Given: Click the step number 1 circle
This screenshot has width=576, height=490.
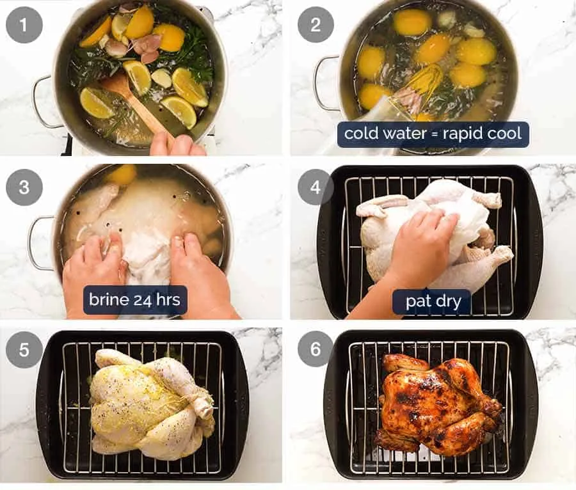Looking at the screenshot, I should tap(24, 25).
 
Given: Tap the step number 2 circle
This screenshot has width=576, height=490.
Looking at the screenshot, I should tap(316, 25).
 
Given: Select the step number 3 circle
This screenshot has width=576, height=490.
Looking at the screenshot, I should tap(24, 187).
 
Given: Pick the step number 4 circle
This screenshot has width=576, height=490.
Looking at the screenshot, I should tap(316, 187).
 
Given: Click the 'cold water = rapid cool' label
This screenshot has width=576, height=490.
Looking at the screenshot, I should tap(433, 134).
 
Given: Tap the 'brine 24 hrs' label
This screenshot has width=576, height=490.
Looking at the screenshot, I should tap(135, 299).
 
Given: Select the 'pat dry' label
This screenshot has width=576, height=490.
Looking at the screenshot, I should tap(432, 301).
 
